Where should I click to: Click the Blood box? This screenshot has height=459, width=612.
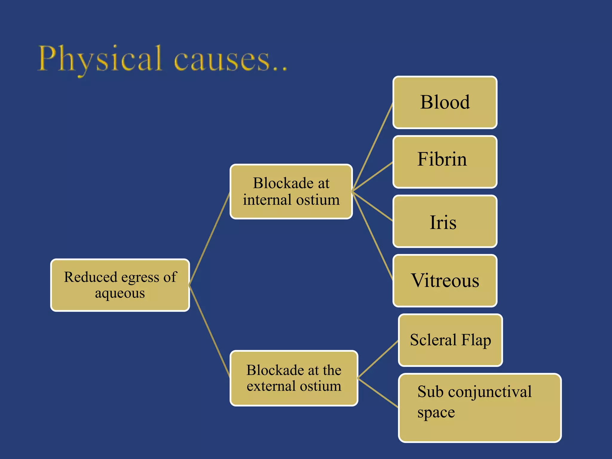[x=445, y=102]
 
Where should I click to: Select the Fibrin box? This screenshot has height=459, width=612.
[x=445, y=162]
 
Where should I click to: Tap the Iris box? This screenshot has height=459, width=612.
[x=445, y=221]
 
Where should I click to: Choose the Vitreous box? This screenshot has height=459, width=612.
[x=445, y=281]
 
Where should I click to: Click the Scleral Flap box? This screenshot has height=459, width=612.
[x=450, y=340]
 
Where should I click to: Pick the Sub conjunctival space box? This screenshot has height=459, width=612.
[x=480, y=408]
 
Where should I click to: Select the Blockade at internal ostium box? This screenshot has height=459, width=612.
[x=291, y=192]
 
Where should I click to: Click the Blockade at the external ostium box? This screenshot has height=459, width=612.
[x=294, y=378]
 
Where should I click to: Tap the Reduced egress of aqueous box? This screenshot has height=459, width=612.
[x=120, y=285]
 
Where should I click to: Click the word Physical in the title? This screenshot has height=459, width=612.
[x=100, y=59]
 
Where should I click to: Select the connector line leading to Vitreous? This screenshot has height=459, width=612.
[x=373, y=235]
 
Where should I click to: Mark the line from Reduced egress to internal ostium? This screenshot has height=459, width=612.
[x=209, y=238]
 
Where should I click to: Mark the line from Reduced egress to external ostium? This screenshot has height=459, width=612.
[x=209, y=331]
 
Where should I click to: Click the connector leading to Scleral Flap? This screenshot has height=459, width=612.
[x=378, y=359]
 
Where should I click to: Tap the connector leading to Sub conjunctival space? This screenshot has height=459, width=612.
[x=378, y=393]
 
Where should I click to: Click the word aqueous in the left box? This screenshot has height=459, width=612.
[x=120, y=293]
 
